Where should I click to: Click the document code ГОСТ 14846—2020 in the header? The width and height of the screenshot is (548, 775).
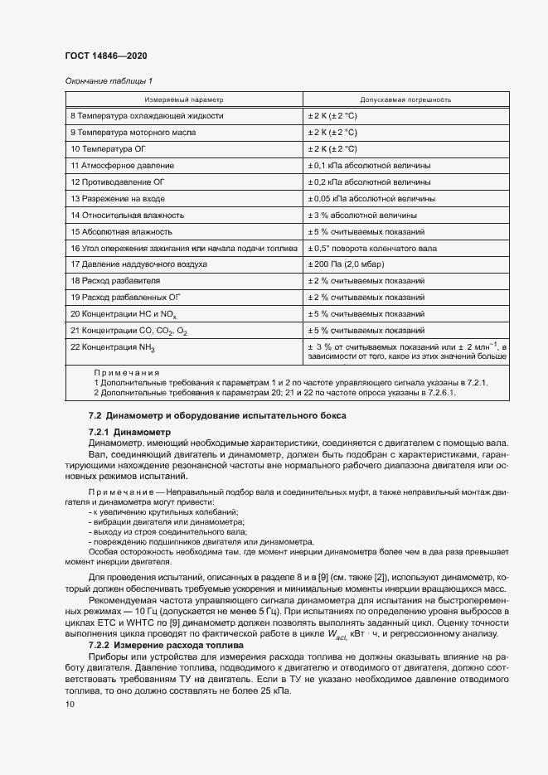point(106,56)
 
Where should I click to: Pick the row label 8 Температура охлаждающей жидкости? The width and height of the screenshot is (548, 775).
point(147,116)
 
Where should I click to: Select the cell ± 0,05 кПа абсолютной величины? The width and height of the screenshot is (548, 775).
point(371,198)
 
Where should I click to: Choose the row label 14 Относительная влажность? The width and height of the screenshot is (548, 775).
point(129,215)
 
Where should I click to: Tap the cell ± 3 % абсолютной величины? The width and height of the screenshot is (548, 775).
point(364,215)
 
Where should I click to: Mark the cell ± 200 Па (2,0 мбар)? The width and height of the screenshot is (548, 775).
point(346,264)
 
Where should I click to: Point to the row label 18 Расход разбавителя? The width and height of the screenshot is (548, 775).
point(115,281)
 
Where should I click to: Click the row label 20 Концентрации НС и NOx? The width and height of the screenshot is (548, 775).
point(124,314)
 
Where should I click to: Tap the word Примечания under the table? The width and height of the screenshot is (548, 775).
point(127,373)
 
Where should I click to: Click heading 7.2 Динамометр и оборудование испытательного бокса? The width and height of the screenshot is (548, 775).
point(217,414)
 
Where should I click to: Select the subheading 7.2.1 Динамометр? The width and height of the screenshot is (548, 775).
point(129,432)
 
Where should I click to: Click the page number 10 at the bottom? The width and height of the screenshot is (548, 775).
point(70,705)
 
